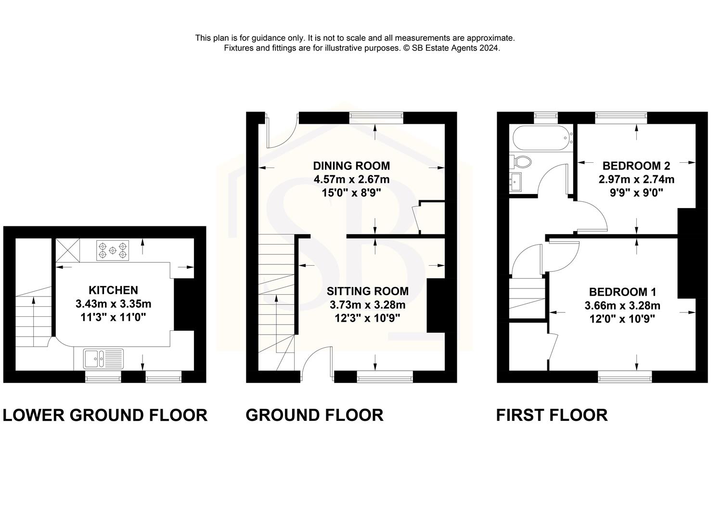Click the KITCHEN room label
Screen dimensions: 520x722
coord(113,290)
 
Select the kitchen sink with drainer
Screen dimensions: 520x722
coord(103,359)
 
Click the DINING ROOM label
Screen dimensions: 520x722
coord(351,166)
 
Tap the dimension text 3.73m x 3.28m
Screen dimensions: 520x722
coord(367,305)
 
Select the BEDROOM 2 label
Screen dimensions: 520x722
coord(636,166)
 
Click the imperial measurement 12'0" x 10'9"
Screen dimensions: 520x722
coord(622,319)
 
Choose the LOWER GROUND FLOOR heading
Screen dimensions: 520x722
coord(105,415)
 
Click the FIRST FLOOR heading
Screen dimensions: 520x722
coord(552,415)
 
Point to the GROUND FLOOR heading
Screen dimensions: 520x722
coord(314,415)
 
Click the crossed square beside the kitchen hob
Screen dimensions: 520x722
coord(65,250)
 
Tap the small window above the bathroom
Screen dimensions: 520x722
coord(546,116)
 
